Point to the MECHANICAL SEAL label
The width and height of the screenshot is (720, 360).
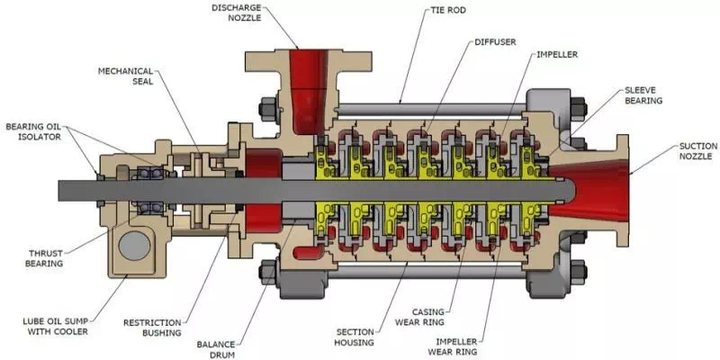coord(125,76)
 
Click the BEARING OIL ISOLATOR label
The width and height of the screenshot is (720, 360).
coord(34,132)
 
